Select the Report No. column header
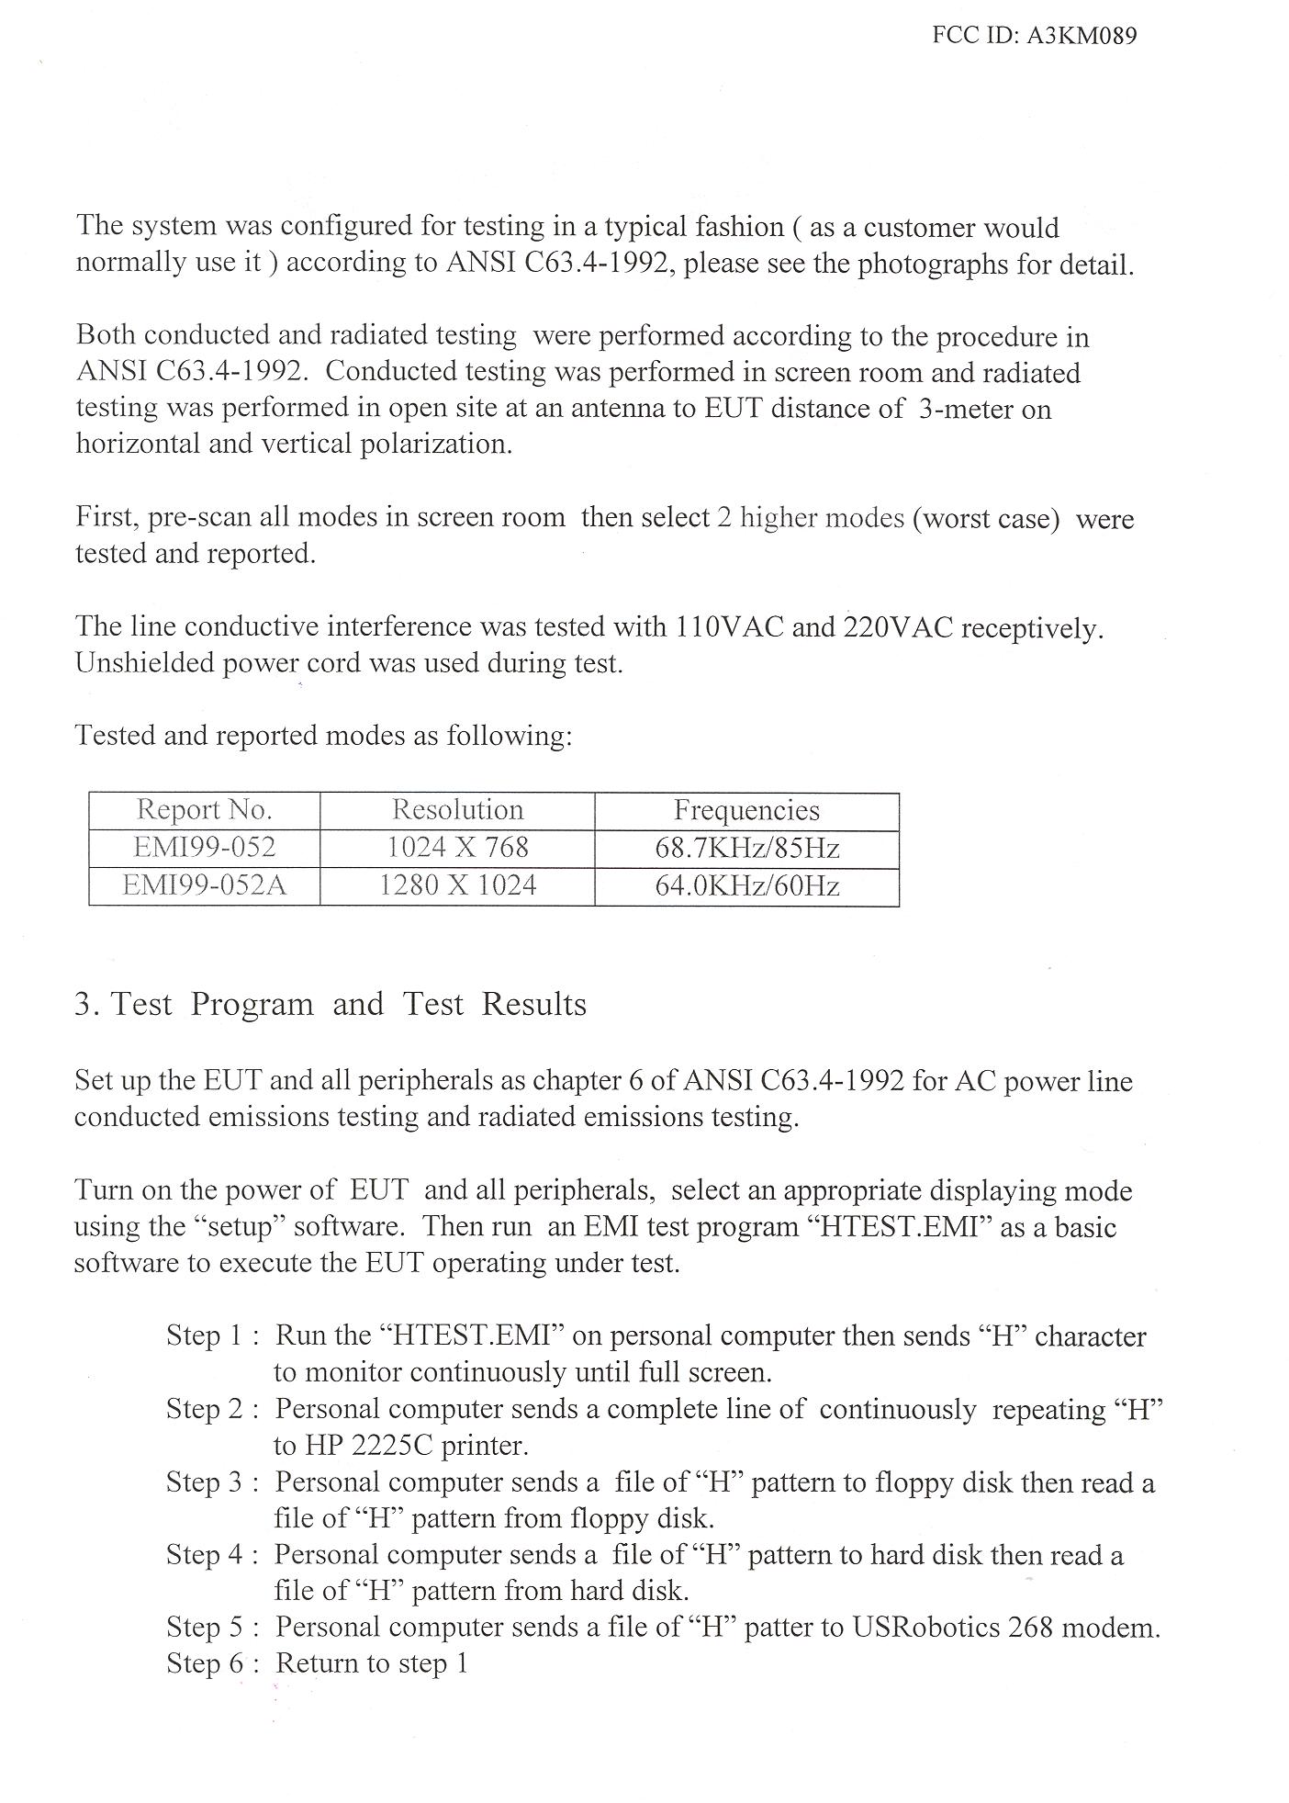[x=204, y=810]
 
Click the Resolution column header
[x=457, y=810]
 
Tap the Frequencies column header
[x=746, y=810]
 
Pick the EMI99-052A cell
[x=204, y=886]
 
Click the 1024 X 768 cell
[x=457, y=848]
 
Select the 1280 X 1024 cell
[x=457, y=886]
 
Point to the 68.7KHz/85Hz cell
[x=746, y=848]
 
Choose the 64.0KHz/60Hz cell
[x=746, y=886]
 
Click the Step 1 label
[x=205, y=1335]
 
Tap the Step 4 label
[x=205, y=1555]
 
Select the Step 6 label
[x=205, y=1663]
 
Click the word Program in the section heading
[x=252, y=1005]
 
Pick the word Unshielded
[x=144, y=663]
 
